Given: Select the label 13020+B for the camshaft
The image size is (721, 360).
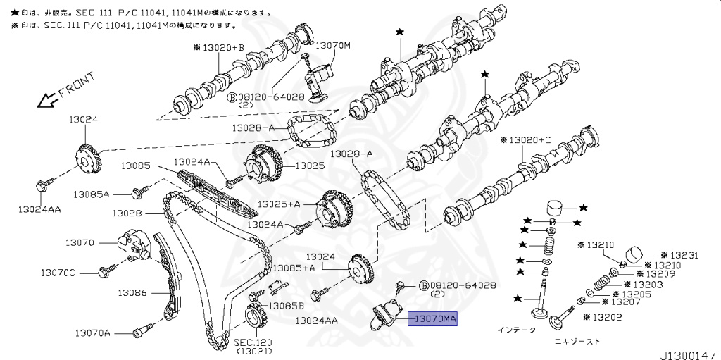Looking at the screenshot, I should [x=219, y=48].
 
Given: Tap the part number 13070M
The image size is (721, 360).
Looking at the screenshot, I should [x=332, y=45].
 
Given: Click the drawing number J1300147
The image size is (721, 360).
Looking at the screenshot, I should [x=687, y=351].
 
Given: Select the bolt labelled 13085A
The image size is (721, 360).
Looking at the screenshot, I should [x=139, y=190].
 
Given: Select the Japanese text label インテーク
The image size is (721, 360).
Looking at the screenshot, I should [x=517, y=330].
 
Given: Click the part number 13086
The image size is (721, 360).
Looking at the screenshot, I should [x=132, y=292].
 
